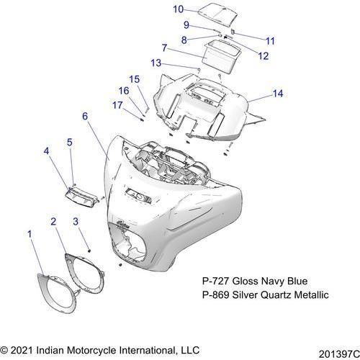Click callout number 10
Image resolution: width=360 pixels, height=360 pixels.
[x=178, y=9]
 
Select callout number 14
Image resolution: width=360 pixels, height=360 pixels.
[x=278, y=94]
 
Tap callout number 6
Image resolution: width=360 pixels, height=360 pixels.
[x=85, y=116]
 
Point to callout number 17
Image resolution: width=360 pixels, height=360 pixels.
[x=117, y=105]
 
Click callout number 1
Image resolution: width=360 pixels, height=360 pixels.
[x=30, y=234]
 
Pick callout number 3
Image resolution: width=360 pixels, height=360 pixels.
[x=76, y=222]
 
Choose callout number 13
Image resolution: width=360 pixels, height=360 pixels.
[x=156, y=63]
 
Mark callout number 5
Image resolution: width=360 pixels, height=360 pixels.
[x=69, y=142]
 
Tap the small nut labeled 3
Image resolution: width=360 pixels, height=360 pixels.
[x=89, y=251]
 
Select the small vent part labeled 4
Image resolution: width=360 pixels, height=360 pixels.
[x=81, y=196]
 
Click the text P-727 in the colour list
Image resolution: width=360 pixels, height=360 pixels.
[x=216, y=281]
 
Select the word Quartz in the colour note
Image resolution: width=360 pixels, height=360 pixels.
[x=276, y=295]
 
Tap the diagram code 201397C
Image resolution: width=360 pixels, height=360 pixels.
[x=339, y=354]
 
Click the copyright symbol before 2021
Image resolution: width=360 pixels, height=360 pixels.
[x=4, y=351]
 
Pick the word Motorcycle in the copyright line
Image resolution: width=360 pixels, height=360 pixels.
[x=92, y=351]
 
